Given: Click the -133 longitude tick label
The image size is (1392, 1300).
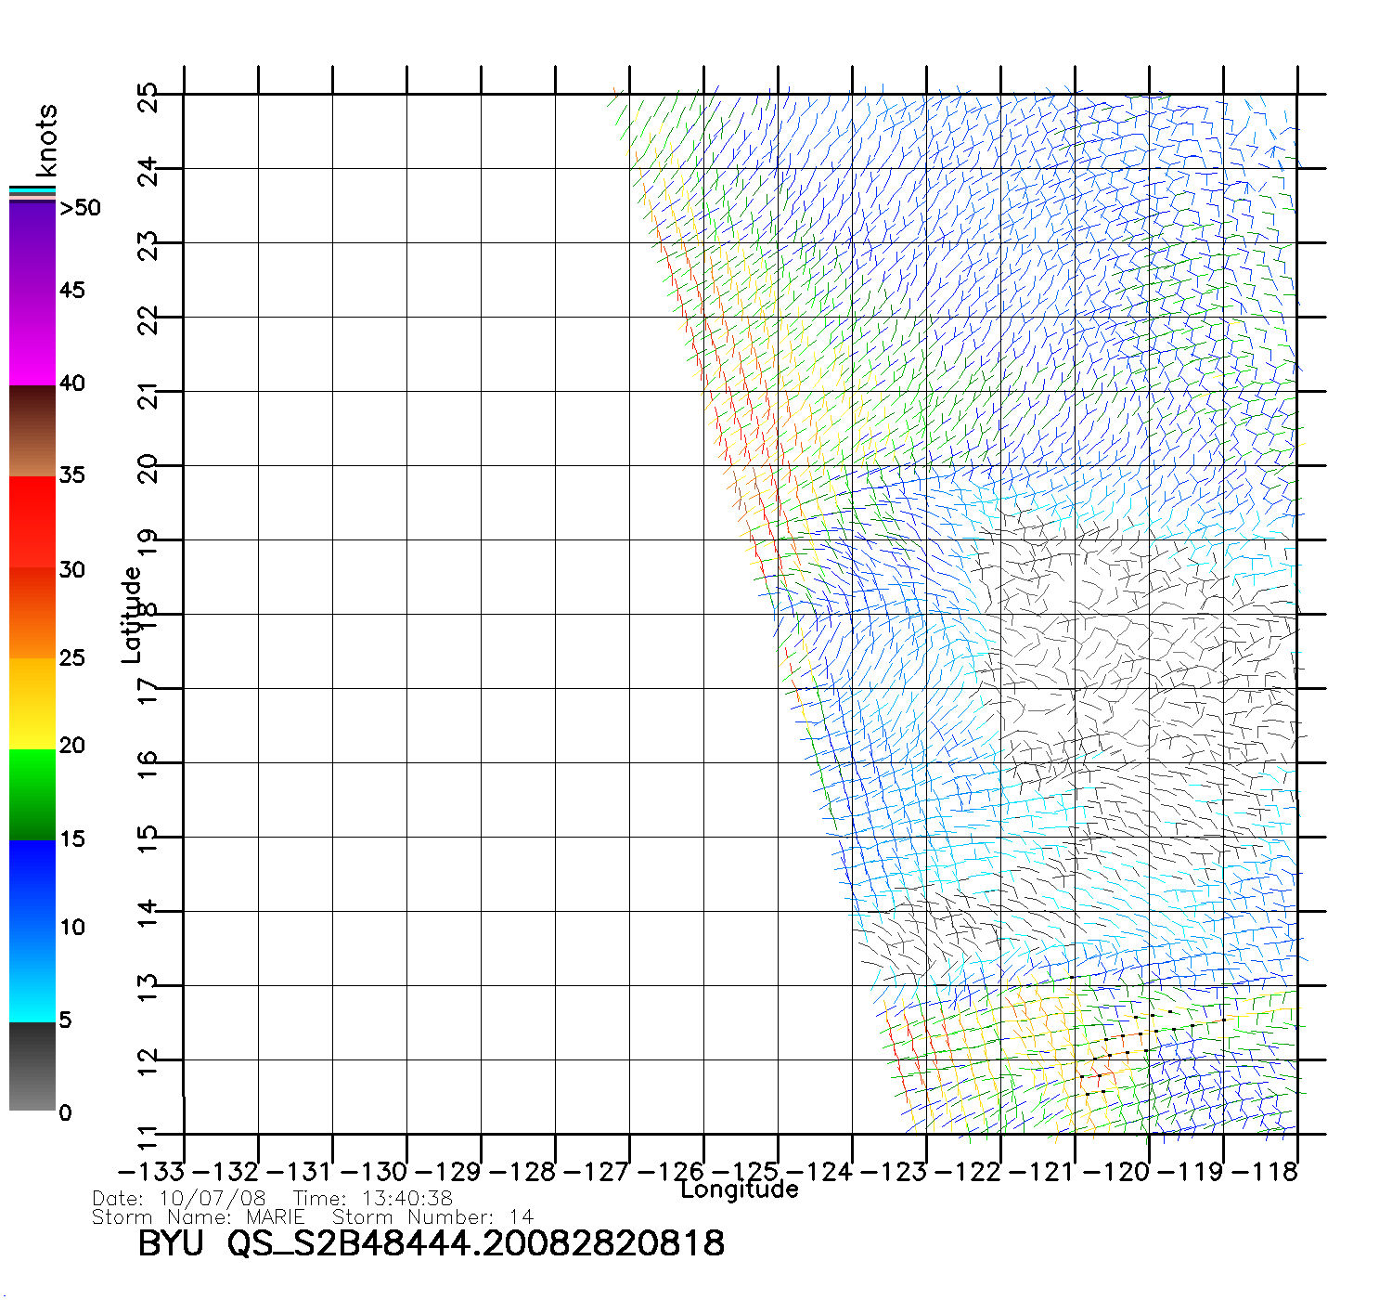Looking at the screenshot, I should point(151,1172).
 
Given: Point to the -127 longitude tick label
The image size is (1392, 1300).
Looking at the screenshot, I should point(597,1172).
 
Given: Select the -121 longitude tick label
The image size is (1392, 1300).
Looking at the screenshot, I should point(1042,1172).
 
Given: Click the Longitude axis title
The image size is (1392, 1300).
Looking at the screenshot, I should point(739,1189).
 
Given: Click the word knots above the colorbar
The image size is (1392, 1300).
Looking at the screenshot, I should point(46,140).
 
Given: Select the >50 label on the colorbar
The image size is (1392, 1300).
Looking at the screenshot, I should point(80,208).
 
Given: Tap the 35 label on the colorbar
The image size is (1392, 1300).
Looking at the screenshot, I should point(72,475).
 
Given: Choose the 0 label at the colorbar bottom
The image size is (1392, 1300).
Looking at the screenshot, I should point(65,1113).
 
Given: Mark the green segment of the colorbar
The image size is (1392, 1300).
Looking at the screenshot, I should point(32,794).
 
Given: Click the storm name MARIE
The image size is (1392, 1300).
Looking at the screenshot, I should point(275,1216).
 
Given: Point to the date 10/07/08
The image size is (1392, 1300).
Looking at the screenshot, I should point(213,1199).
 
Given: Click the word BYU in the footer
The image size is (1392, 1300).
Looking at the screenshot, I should point(171,1242).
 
